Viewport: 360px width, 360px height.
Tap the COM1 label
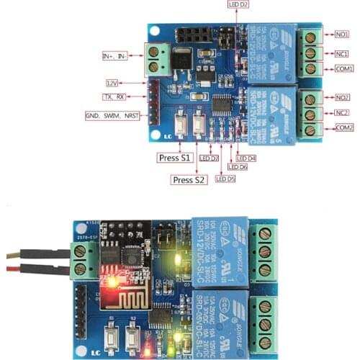[x=343, y=68]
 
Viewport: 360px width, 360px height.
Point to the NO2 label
[x=342, y=96]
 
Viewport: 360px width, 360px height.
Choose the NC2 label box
[x=342, y=113]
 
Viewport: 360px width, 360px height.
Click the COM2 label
[x=343, y=128]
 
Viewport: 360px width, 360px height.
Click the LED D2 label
[x=238, y=5]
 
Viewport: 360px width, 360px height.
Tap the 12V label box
[x=113, y=83]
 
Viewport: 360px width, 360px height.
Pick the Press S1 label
[x=174, y=156]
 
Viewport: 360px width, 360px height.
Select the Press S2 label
[x=190, y=179]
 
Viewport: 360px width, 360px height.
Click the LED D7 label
[x=209, y=158]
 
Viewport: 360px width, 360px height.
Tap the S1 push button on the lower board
[x=111, y=335]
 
